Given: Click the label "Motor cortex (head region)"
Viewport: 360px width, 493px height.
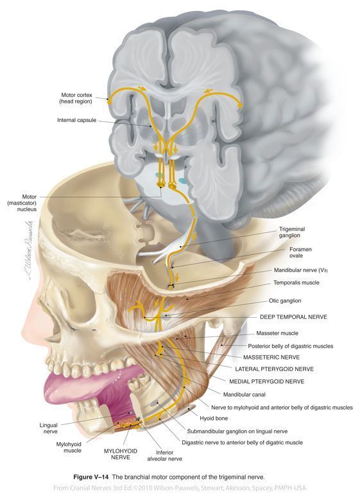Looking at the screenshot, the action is pyautogui.click(x=76, y=98).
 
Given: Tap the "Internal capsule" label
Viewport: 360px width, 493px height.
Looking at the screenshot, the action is pyautogui.click(x=77, y=120).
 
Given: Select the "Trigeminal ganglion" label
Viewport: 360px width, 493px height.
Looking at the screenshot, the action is pyautogui.click(x=292, y=232).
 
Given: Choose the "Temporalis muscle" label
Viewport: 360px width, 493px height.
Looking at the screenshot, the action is pyautogui.click(x=296, y=282).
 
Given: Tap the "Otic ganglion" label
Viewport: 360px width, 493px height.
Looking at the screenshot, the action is pyautogui.click(x=285, y=301).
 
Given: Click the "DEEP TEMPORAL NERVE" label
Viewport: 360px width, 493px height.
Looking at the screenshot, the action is pyautogui.click(x=293, y=317).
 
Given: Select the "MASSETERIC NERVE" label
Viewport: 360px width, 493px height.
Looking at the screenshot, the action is pyautogui.click(x=271, y=358).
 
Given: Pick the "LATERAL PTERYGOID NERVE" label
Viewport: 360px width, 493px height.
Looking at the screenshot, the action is pyautogui.click(x=274, y=369).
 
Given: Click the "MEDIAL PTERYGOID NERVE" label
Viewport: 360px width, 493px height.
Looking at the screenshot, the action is pyautogui.click(x=266, y=382).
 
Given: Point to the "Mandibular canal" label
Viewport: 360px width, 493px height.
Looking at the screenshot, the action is pyautogui.click(x=244, y=395).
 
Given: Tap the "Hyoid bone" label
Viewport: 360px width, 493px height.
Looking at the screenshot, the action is pyautogui.click(x=214, y=419).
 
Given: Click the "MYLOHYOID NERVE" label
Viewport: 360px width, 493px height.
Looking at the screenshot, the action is pyautogui.click(x=121, y=454).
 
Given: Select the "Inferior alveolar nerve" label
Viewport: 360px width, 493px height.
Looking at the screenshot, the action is pyautogui.click(x=164, y=456).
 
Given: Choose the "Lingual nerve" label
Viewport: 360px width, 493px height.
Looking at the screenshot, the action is pyautogui.click(x=49, y=429).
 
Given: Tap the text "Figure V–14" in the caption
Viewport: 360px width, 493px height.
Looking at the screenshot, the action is pyautogui.click(x=91, y=477).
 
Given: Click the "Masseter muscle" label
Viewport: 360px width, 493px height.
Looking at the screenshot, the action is pyautogui.click(x=277, y=333).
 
